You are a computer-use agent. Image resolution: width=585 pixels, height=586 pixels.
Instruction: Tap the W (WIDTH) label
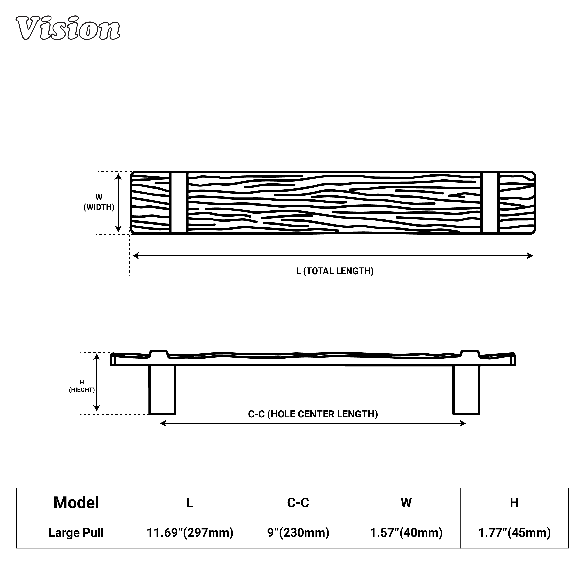pyautogui.click(x=99, y=202)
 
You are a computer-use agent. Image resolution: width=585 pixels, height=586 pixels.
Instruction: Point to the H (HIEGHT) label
pyautogui.click(x=82, y=386)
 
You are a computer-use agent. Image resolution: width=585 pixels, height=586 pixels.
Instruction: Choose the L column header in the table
pyautogui.click(x=190, y=503)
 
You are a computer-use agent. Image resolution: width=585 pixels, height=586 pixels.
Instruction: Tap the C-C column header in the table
pyautogui.click(x=298, y=503)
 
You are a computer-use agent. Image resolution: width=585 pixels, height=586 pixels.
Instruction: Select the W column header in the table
pyautogui.click(x=406, y=503)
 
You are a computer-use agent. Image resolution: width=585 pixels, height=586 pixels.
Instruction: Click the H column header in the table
pyautogui.click(x=514, y=503)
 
